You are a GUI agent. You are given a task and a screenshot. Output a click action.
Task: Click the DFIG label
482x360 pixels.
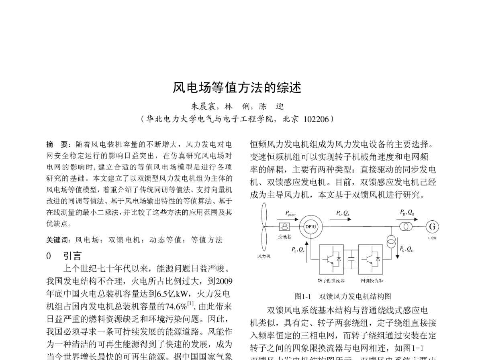[x=311, y=227]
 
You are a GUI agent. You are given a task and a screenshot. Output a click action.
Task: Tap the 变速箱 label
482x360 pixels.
[x=285, y=237]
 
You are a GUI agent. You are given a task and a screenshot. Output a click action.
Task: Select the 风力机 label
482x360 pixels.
[x=264, y=256]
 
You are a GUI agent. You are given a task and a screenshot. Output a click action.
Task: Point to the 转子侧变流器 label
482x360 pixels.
[x=331, y=281]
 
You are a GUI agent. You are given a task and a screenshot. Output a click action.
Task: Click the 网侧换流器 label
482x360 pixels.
[x=372, y=281]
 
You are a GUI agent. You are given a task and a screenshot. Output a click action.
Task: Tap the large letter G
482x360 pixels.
[x=432, y=227]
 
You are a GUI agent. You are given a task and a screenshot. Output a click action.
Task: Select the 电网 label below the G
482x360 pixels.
[x=432, y=238]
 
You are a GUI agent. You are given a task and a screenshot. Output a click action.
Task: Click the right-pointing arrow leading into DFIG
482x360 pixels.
[x=288, y=219]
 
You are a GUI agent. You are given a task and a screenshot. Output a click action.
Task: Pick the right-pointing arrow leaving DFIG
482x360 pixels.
[x=341, y=219]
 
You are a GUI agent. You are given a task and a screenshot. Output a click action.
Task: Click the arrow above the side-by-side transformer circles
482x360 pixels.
[x=407, y=220]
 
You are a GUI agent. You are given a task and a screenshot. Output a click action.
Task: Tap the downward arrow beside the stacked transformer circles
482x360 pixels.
[x=397, y=251]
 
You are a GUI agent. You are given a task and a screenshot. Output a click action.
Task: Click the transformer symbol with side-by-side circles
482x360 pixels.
[x=406, y=227]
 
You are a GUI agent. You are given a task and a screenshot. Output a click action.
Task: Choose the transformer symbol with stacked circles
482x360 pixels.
[x=391, y=242]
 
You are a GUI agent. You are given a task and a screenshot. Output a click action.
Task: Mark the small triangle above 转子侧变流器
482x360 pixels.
[x=339, y=260]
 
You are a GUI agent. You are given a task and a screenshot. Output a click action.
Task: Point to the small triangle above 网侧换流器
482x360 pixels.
[x=378, y=260]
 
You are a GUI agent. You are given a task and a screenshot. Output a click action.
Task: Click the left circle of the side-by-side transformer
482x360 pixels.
[x=404, y=227]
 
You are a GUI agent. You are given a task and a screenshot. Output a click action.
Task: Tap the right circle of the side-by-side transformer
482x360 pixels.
[x=408, y=227]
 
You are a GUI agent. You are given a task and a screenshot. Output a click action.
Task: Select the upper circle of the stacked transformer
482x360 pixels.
[x=391, y=239]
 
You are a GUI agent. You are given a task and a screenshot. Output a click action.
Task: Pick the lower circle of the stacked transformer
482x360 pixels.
[x=391, y=244]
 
